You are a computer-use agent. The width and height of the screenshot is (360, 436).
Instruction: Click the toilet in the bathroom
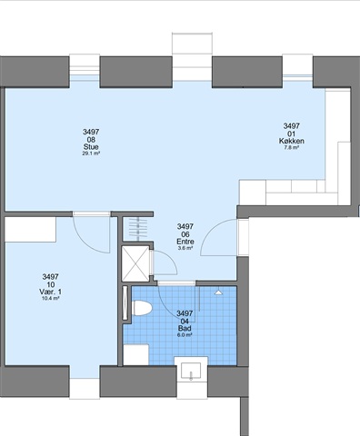[142, 308]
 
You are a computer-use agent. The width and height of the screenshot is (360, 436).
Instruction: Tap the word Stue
[91, 147]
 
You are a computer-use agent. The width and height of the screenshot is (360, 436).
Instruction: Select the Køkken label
[291, 141]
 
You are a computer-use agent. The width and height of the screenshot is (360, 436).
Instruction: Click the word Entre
[185, 242]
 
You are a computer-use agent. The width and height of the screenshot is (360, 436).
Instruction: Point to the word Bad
[185, 329]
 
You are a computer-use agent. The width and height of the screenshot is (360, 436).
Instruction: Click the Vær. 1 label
[50, 292]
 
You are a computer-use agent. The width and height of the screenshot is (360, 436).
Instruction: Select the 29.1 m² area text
[91, 154]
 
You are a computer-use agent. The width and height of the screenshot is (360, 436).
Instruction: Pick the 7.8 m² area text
[291, 147]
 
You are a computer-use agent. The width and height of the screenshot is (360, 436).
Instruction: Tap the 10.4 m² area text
[50, 298]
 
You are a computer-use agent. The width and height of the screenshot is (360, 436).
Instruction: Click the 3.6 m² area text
[185, 248]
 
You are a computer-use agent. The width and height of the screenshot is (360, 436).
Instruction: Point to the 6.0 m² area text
[185, 335]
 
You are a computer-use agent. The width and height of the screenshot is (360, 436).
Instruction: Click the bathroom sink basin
[191, 371]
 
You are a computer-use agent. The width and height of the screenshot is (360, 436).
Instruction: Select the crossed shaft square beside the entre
[135, 263]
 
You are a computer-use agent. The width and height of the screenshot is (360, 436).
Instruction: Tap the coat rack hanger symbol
[138, 229]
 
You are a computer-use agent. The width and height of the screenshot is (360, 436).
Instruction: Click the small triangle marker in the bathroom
[218, 292]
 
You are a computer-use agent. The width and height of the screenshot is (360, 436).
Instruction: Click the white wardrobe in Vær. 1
[30, 229]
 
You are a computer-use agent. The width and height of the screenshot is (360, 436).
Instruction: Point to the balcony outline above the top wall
[192, 44]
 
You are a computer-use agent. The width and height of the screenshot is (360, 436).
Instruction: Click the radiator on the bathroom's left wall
[125, 303]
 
